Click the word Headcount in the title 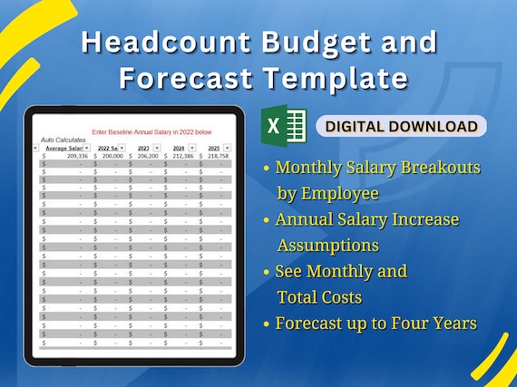coord(155,42)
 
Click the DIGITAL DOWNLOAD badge coord(401,126)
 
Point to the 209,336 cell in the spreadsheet coord(70,156)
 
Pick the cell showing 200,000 coord(112,156)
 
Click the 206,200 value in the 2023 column coord(146,156)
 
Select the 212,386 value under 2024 coord(181,156)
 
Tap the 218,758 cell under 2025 coord(217,156)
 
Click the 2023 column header coord(142,148)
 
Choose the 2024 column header coord(178,148)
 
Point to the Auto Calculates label coord(63,140)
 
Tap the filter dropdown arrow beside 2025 coord(228,148)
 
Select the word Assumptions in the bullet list coord(327,245)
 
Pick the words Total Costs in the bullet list coord(319,297)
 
